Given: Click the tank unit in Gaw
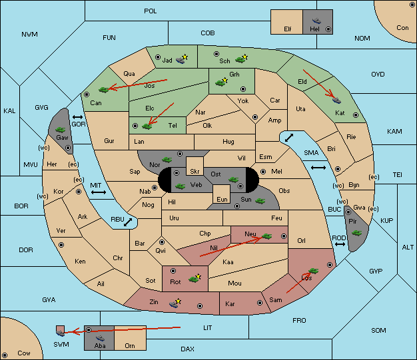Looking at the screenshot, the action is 61,130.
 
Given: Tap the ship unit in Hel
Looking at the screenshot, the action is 316,21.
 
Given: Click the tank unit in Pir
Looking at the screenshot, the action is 356,233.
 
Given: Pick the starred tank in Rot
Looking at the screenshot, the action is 195,278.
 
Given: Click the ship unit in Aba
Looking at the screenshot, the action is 101,338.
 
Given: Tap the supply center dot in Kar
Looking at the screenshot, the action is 260,303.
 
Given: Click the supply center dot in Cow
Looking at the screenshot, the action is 5,355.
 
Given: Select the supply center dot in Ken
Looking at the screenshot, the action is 61,245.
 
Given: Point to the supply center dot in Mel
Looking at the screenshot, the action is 263,172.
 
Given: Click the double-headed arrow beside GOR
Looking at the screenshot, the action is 78,117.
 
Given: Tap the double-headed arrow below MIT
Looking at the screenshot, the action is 99,192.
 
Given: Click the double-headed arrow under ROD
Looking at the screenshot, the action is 340,244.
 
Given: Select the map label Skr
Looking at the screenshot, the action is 195,172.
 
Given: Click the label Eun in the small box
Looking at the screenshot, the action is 222,199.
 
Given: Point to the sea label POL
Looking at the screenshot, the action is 151,11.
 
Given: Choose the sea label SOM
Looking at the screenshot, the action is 378,330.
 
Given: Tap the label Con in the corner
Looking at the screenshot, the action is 402,28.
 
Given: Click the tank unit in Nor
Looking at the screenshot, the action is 167,160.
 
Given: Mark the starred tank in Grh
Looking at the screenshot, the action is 221,82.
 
